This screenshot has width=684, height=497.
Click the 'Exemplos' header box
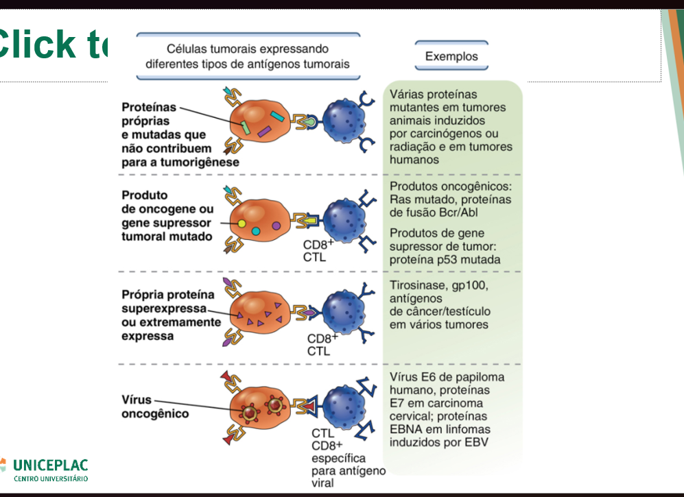click(451, 56)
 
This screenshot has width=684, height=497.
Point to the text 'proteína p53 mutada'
click(445, 260)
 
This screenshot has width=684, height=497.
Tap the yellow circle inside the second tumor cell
click(241, 223)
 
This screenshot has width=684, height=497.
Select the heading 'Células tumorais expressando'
click(248, 49)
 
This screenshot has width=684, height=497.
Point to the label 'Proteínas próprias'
click(149, 113)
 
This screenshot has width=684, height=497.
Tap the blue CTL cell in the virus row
click(344, 408)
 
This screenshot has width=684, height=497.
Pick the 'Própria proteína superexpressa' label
click(168, 302)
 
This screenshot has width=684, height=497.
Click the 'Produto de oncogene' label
click(167, 202)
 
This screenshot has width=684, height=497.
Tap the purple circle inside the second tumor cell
click(276, 225)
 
